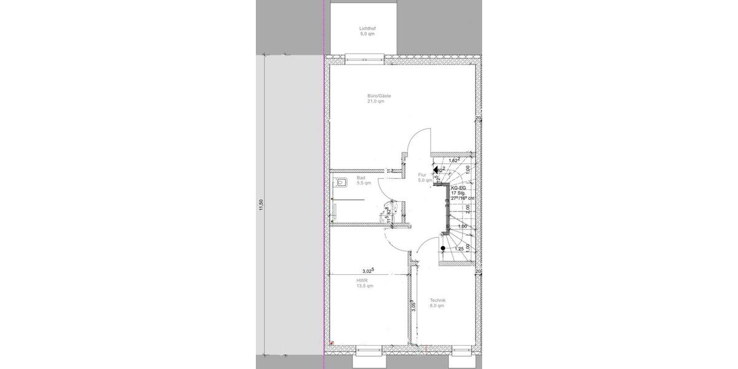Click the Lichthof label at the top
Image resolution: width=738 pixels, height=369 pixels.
367,28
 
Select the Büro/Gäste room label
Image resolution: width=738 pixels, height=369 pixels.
379,96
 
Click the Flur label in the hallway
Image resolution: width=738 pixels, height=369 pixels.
423,175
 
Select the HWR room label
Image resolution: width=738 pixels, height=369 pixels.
361,280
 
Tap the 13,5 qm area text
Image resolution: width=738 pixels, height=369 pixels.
364,286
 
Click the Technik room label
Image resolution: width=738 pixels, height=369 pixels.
438,300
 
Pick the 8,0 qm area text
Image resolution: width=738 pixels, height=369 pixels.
437,306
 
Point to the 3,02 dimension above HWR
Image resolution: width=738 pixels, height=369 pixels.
368,271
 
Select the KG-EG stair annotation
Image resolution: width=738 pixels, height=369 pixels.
458,188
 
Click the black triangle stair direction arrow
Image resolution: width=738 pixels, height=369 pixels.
435,168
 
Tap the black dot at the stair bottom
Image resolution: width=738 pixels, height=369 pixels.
443,248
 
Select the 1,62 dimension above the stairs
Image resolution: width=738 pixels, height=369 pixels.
454,161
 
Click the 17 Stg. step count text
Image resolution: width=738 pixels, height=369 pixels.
458,194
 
